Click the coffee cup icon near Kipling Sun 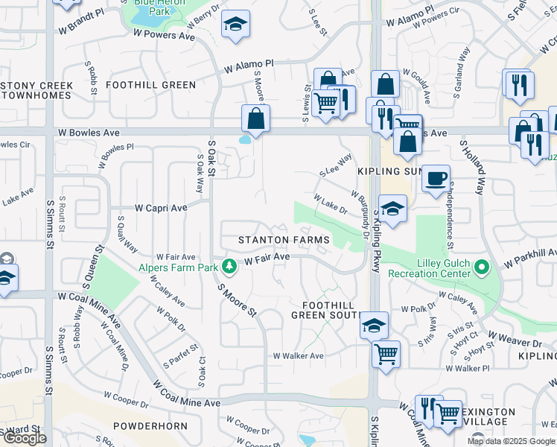436,178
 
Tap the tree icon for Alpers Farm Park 230,265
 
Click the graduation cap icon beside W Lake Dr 392,209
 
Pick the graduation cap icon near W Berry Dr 235,25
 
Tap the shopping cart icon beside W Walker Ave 386,354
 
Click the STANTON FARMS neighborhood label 283,240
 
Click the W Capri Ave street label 160,209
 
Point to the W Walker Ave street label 298,356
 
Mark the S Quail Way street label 127,234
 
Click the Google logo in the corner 24,438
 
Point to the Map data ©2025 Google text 511,441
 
